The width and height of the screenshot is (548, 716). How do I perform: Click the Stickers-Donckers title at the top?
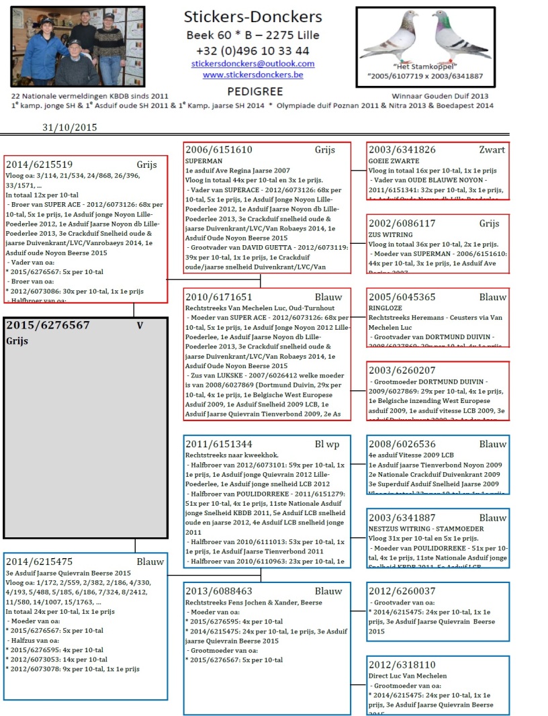click(x=253, y=17)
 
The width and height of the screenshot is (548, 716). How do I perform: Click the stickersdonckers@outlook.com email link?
click(x=253, y=64)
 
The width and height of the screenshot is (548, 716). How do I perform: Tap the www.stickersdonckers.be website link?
click(x=253, y=75)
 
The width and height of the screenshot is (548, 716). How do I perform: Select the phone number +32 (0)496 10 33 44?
click(x=253, y=50)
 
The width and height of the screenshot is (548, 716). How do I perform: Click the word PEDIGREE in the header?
click(x=255, y=91)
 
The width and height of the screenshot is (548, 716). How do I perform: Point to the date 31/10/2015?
click(x=70, y=127)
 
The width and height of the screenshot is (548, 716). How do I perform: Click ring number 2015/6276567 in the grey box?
click(x=48, y=325)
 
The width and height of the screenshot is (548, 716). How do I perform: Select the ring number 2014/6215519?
click(x=39, y=164)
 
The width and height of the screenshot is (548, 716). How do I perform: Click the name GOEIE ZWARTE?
click(x=394, y=162)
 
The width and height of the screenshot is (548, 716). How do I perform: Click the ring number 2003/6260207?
click(x=402, y=370)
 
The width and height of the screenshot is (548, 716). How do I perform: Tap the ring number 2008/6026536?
click(x=402, y=444)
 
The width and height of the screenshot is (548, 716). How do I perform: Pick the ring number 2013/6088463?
click(x=219, y=591)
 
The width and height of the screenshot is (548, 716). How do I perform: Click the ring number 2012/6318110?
click(x=402, y=664)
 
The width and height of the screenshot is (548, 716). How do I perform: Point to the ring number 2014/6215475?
click(x=39, y=562)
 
